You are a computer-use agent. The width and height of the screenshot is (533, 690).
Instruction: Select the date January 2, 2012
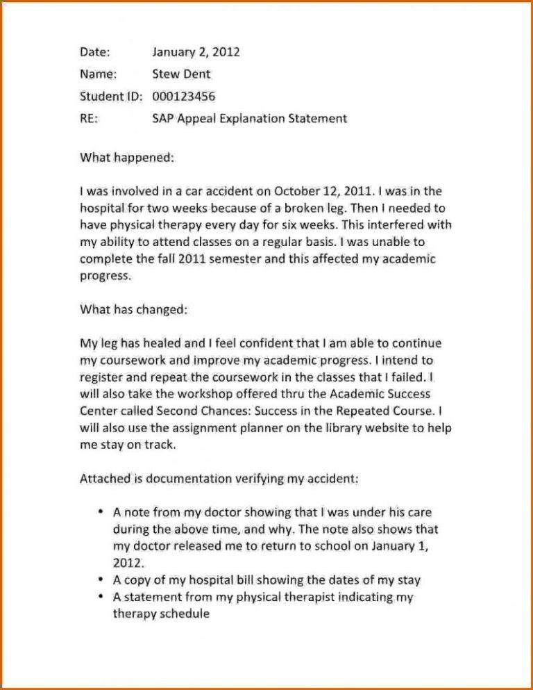[196, 52]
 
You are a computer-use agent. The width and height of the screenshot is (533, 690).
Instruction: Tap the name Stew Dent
[181, 74]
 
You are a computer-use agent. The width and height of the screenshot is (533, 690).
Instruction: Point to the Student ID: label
[112, 97]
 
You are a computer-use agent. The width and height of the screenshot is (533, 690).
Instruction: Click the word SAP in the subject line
[163, 119]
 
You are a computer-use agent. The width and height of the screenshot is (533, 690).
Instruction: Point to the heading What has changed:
[134, 309]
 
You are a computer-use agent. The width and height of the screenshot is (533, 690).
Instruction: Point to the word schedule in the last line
[184, 614]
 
